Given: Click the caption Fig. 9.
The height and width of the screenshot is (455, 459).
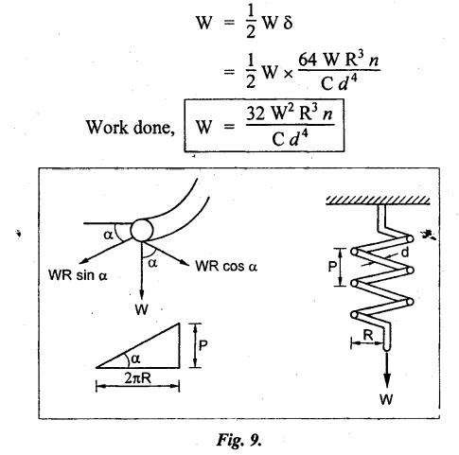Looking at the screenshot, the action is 238,439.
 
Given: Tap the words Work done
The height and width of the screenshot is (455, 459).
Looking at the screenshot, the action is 130,128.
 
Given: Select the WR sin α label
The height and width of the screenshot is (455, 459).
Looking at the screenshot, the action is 78,275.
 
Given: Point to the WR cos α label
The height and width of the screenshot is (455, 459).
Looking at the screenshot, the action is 226,266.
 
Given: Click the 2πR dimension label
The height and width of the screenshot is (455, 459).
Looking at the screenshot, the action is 138,378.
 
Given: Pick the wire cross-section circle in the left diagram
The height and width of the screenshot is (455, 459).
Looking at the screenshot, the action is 142,230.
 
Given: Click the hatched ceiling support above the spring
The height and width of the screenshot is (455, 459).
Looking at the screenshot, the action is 378,200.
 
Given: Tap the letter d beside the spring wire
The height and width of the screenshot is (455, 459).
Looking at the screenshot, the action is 404,253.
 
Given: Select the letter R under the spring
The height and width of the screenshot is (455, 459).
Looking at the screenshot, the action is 368,335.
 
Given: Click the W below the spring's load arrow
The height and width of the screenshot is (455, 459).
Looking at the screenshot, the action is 386,399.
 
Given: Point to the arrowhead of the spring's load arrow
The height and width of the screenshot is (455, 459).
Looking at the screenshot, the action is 387,381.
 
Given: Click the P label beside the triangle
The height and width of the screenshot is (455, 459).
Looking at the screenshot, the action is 203,345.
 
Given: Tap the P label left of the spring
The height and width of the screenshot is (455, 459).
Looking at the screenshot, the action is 332,267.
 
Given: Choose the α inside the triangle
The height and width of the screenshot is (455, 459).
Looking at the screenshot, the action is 135,359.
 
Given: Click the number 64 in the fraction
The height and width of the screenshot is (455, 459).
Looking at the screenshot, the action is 308,59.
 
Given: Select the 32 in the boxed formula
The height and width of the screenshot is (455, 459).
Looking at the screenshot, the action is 256,114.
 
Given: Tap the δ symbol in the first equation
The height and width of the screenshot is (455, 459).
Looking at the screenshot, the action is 288,23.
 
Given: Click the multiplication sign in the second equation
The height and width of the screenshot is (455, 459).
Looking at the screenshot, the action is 288,74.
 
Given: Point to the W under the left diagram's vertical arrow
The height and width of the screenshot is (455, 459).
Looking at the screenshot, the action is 141,309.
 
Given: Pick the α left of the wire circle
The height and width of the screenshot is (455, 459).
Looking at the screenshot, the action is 108,236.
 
